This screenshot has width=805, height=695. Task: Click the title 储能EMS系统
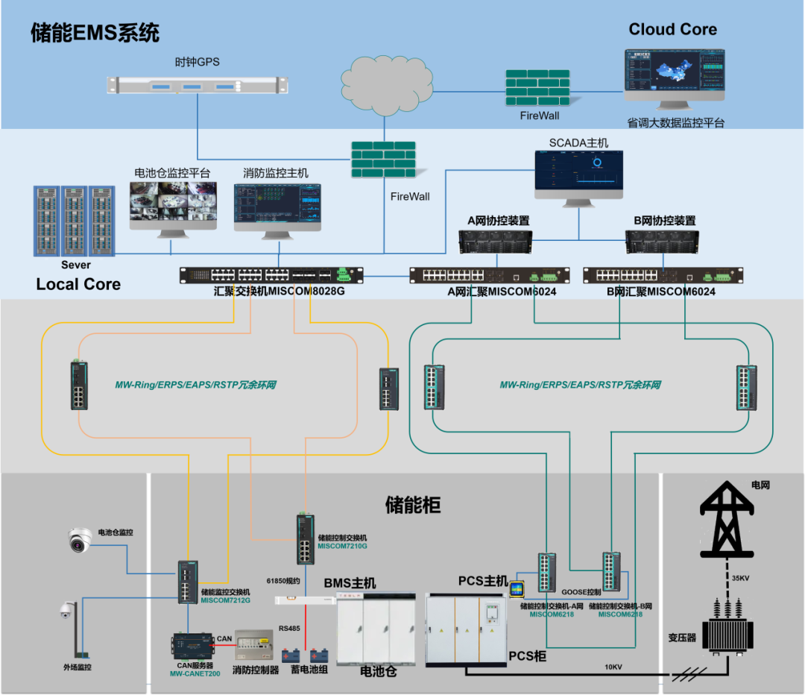(x=95, y=33)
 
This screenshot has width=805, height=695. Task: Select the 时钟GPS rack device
(x=197, y=86)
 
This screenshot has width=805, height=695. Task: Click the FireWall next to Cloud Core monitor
(x=537, y=88)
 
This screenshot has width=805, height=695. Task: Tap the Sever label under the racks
(x=75, y=265)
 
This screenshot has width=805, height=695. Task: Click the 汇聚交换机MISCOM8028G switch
(x=271, y=275)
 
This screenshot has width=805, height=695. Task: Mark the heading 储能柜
(x=412, y=505)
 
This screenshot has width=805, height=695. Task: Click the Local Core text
(x=78, y=284)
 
